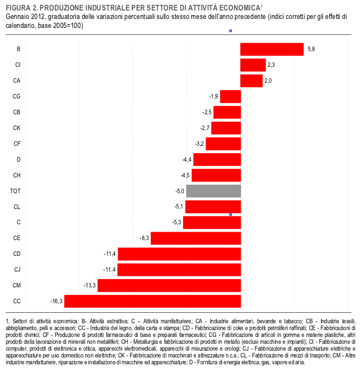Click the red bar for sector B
tap(272, 49)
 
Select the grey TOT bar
tap(213, 191)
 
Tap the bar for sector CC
tap(152, 301)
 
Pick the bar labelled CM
tap(169, 285)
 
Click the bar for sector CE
tap(196, 238)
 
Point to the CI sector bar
tap(253, 65)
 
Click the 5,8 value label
tap(311, 49)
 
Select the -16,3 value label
tap(56, 301)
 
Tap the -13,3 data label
tap(90, 285)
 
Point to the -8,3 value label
tap(144, 238)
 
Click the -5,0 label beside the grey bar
tap(180, 191)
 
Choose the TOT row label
tap(15, 191)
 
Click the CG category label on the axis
tap(16, 96)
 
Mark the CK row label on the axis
tap(16, 128)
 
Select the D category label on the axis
tap(18, 160)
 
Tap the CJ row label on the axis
tap(17, 270)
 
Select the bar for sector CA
tap(251, 81)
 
